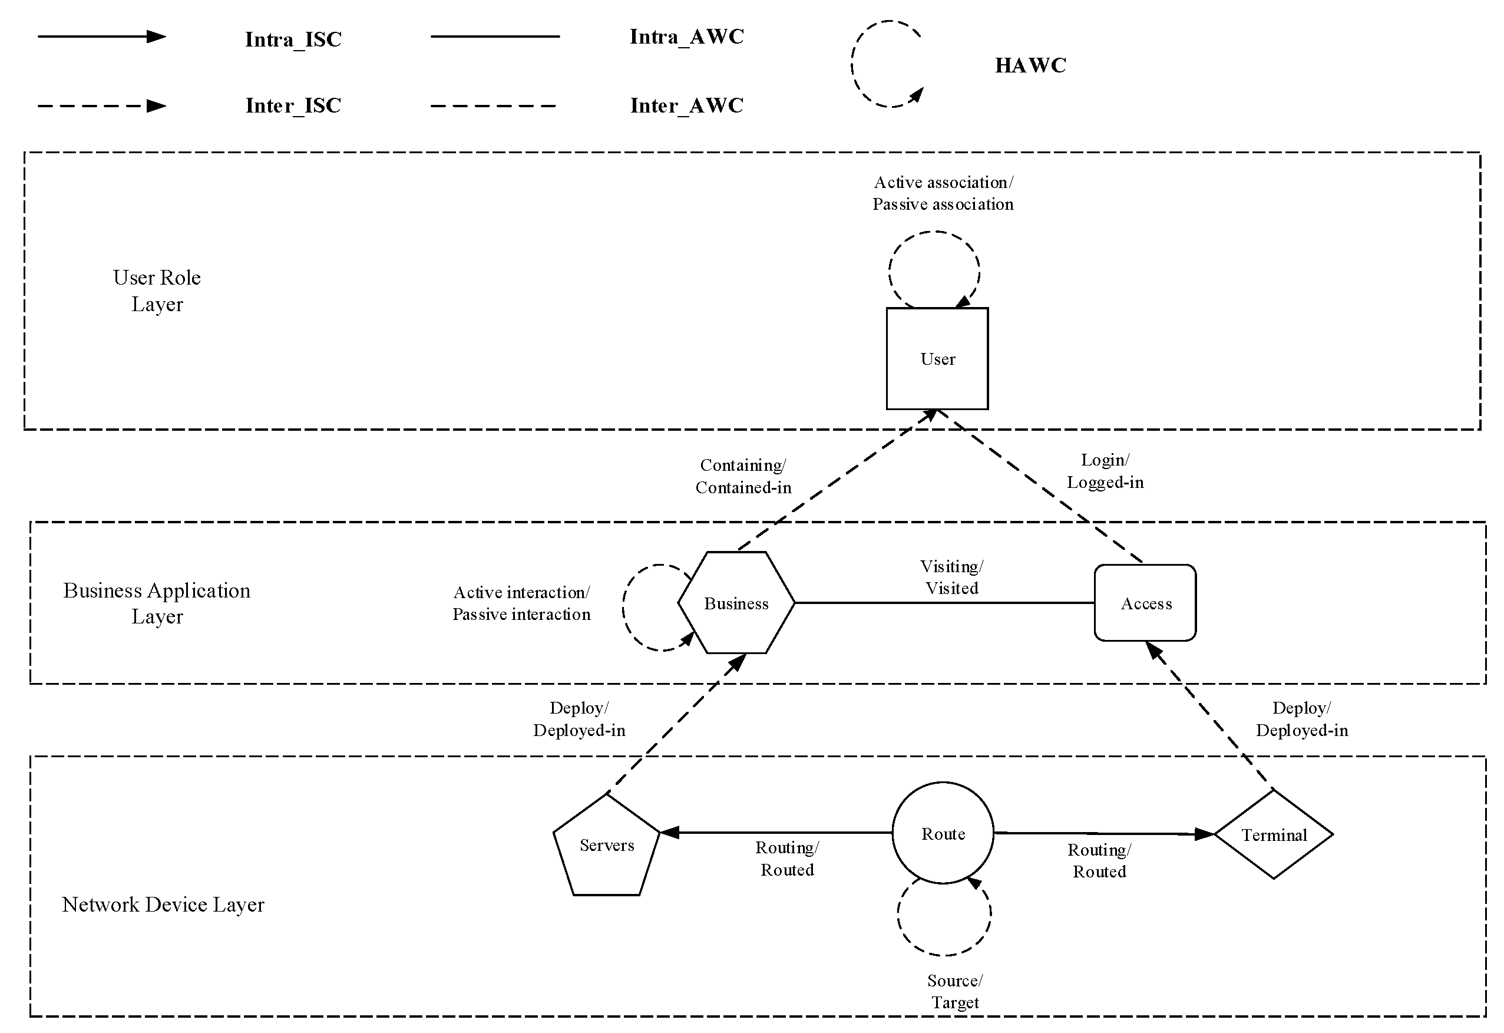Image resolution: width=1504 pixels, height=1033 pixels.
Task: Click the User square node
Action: [937, 358]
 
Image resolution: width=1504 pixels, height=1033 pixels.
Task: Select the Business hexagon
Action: [736, 603]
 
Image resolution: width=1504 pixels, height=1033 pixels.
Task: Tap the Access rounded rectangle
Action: [1145, 603]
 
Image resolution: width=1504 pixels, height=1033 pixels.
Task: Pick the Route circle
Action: [942, 833]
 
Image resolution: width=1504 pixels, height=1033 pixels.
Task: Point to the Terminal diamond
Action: [1273, 835]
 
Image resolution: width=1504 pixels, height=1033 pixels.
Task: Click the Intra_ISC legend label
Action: [293, 39]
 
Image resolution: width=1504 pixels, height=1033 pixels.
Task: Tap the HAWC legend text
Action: [1030, 65]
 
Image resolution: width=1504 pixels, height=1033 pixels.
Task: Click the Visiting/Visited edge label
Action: [951, 577]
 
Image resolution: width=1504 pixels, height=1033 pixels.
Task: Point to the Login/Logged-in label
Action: [1105, 471]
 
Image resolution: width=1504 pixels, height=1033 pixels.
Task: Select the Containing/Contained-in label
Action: [743, 476]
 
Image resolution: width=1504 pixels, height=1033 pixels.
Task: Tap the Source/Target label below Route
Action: [954, 991]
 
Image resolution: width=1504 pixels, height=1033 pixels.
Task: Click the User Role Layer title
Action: [157, 291]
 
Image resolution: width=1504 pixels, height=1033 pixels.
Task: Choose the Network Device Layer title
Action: [163, 904]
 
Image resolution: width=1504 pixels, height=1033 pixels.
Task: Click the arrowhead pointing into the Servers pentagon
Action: [669, 833]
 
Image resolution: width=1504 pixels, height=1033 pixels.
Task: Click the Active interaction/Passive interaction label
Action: [521, 603]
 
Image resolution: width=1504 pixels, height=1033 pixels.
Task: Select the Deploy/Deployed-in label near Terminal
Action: [1301, 719]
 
